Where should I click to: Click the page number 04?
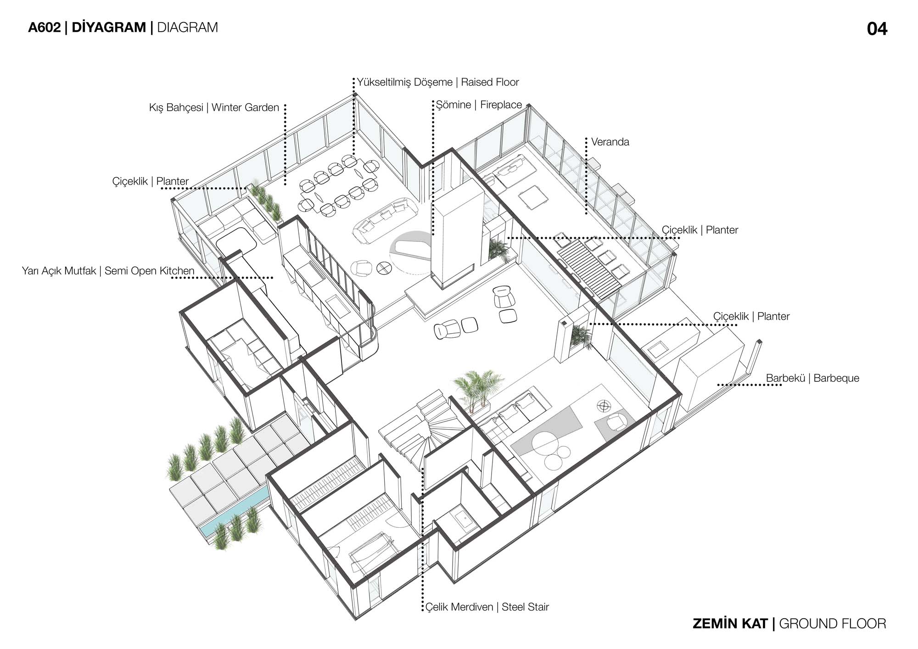(x=877, y=29)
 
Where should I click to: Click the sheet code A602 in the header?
(x=44, y=28)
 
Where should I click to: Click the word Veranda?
(x=610, y=142)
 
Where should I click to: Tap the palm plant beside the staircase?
(x=477, y=387)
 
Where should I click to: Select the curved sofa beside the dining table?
(x=385, y=219)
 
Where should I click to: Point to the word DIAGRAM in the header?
(x=187, y=28)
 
